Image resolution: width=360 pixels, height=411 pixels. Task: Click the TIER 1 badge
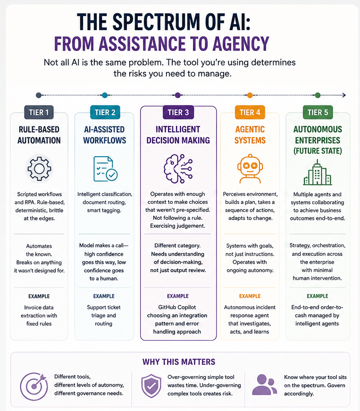pos(39,112)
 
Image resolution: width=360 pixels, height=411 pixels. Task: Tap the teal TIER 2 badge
pos(105,112)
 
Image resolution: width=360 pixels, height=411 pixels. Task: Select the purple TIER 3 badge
pos(178,112)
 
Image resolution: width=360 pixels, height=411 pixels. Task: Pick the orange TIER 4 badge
pos(250,112)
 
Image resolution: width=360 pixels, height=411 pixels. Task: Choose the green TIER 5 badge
pos(318,112)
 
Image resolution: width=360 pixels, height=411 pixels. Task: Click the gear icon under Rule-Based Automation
pos(39,168)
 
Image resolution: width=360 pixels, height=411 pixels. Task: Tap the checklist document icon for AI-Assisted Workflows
pos(105,169)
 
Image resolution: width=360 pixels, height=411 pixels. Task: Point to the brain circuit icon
pos(178,168)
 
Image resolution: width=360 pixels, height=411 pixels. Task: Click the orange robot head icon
pos(250,168)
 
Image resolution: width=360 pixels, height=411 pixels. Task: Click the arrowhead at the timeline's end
pos(344,95)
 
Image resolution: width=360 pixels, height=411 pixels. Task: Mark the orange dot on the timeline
pos(250,95)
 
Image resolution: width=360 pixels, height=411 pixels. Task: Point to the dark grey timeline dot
pos(39,95)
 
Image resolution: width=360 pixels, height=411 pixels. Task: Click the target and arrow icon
pos(34,386)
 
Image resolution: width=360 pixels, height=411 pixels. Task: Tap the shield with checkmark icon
pos(151,386)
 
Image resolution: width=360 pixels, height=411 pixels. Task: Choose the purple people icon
pos(264,385)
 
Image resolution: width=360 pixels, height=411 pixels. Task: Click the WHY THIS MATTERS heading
pos(179,362)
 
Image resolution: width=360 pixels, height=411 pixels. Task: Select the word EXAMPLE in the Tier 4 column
pos(250,296)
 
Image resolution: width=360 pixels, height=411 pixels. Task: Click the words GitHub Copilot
pos(177,307)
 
